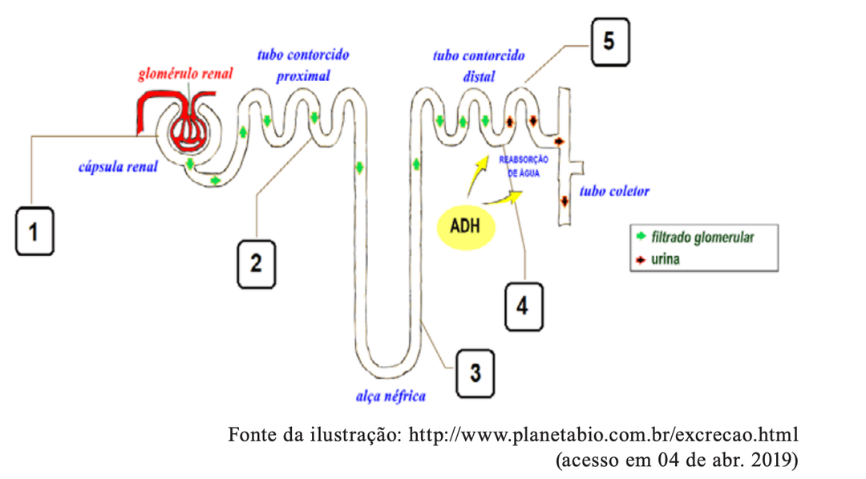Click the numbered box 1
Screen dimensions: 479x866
(x=34, y=232)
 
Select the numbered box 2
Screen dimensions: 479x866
(x=256, y=262)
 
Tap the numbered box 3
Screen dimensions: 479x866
(x=475, y=372)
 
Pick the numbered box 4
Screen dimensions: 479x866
(x=523, y=306)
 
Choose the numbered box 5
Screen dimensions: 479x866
(x=609, y=42)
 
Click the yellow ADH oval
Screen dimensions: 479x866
(x=465, y=225)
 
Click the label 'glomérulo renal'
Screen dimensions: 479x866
(x=185, y=75)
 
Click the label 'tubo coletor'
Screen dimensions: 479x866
(x=614, y=192)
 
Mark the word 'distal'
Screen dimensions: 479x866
(x=479, y=77)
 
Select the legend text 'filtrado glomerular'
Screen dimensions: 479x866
(x=702, y=237)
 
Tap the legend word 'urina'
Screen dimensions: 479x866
(x=666, y=260)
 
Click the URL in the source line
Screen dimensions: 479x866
(x=604, y=436)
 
